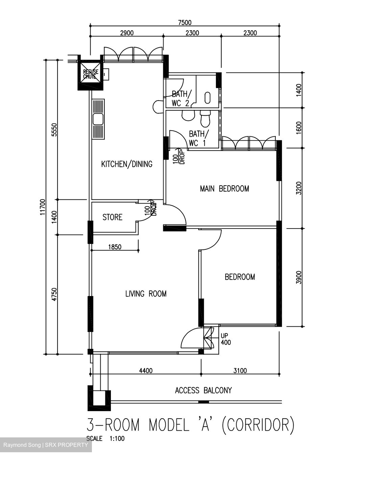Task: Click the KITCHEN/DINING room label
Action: [x=127, y=164]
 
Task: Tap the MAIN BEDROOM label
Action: [x=224, y=188]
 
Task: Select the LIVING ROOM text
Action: [x=146, y=294]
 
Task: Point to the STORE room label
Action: [x=112, y=217]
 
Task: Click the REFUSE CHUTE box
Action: [x=91, y=74]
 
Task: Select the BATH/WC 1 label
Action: [x=197, y=138]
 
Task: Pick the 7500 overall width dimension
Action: [x=185, y=23]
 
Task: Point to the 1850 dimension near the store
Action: [x=115, y=247]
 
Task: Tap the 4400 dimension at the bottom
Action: [x=146, y=371]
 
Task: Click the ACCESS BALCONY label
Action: [x=203, y=390]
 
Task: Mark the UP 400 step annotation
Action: [x=225, y=339]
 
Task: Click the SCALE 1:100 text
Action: [x=105, y=439]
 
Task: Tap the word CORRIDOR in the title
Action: [x=258, y=425]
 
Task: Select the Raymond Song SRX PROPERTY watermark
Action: [x=46, y=445]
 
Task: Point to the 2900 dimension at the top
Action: [x=127, y=33]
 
